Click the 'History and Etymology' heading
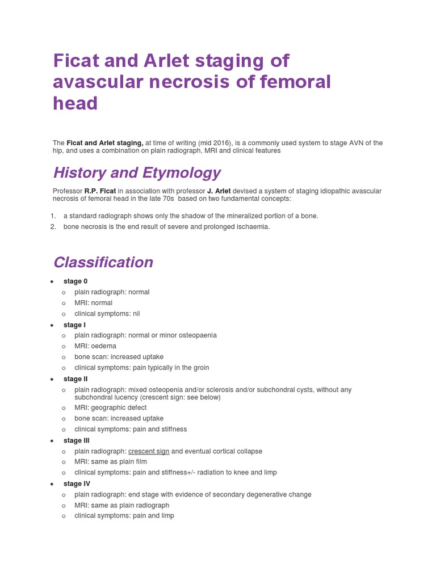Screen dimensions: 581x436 (137, 172)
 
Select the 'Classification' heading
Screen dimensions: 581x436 (103, 262)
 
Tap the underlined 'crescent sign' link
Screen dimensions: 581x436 (149, 452)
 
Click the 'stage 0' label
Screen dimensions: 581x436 (76, 281)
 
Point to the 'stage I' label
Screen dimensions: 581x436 (74, 325)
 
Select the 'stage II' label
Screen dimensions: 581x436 (76, 379)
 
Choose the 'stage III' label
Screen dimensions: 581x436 (77, 441)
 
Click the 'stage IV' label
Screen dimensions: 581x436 (77, 484)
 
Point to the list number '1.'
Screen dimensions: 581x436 (53, 216)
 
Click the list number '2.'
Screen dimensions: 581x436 (53, 227)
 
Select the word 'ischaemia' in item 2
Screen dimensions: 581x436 (253, 227)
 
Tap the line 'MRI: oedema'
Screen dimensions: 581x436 (95, 346)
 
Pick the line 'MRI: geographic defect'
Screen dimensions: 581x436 (110, 408)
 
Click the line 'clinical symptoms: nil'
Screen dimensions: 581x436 (107, 314)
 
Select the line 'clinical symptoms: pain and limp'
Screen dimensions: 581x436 (124, 516)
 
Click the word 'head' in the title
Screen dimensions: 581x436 (76, 104)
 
